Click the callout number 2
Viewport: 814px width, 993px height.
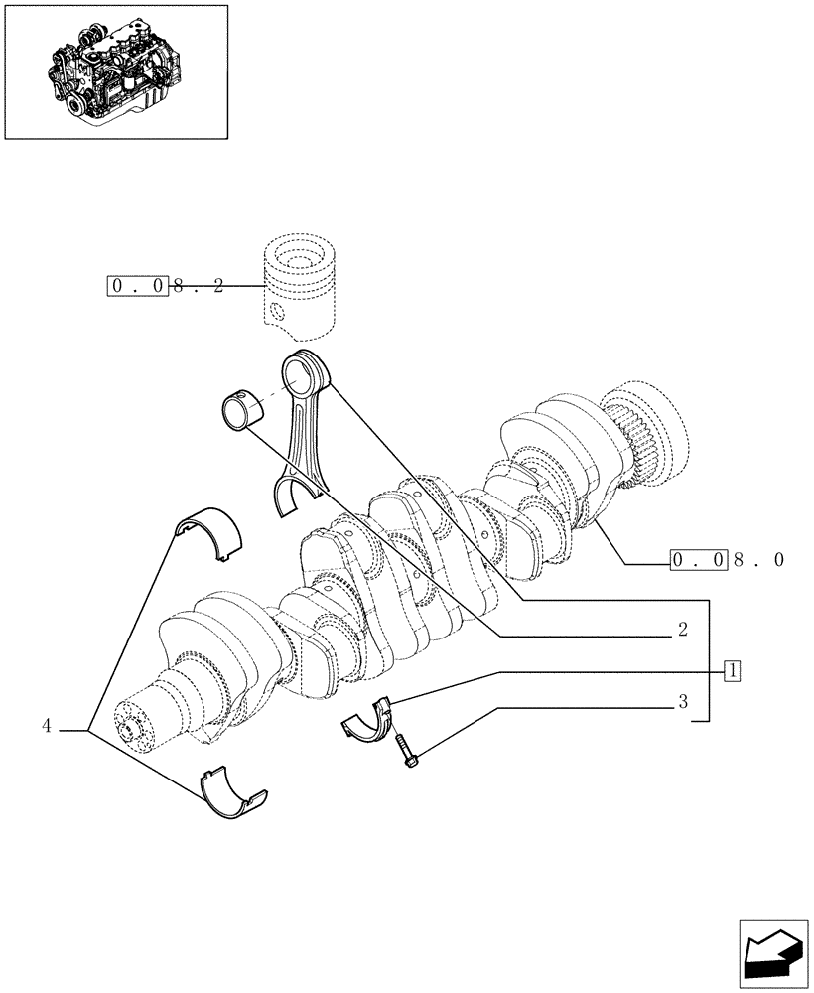(x=682, y=630)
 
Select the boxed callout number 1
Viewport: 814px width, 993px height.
(x=732, y=670)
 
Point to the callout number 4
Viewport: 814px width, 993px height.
(x=46, y=726)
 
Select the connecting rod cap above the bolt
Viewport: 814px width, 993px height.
(x=368, y=720)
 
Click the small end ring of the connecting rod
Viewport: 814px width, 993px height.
(x=305, y=373)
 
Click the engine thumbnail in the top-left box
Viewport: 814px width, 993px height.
(x=116, y=71)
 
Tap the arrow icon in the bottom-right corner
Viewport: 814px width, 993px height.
(x=774, y=955)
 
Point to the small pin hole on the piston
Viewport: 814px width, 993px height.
(x=280, y=313)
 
